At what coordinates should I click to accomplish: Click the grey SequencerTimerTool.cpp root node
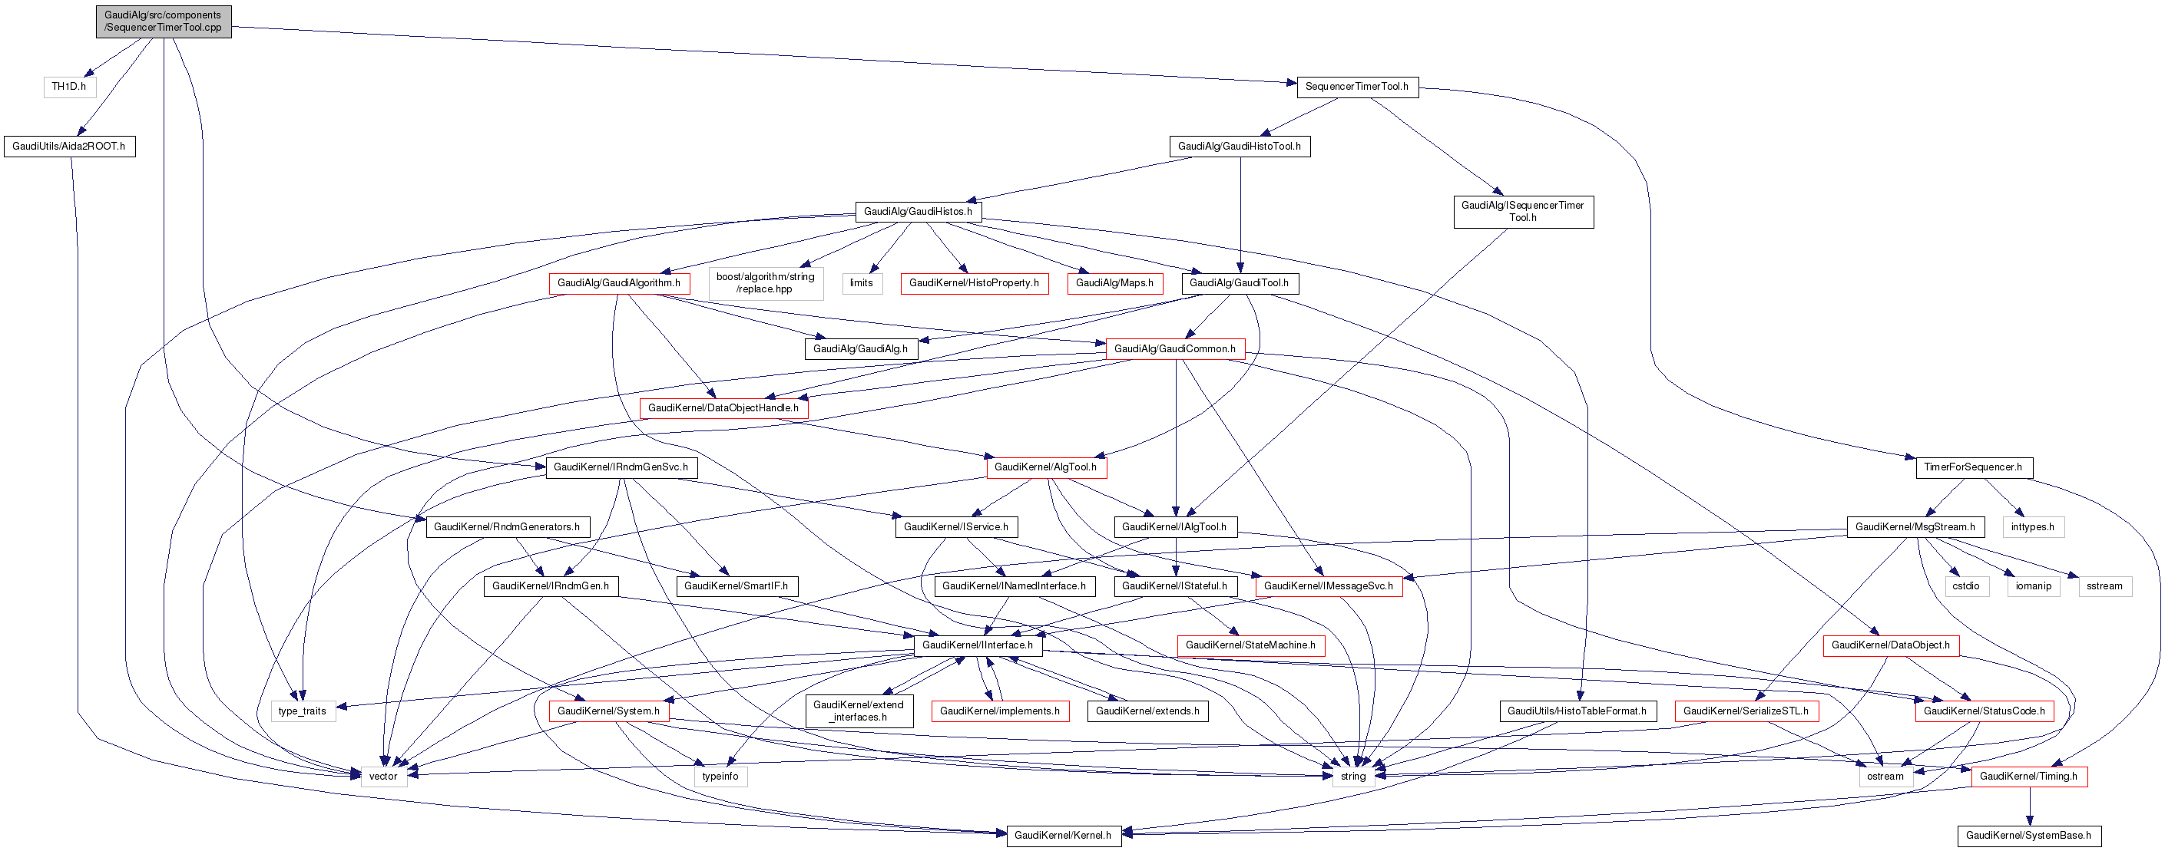coord(163,21)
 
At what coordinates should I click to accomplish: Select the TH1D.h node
coord(69,87)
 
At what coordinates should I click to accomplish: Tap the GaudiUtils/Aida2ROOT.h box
coord(69,146)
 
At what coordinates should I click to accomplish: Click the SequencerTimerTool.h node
coord(1356,87)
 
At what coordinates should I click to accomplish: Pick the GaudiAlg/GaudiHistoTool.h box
coord(1239,146)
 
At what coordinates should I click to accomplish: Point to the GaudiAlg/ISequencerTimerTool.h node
coord(1522,212)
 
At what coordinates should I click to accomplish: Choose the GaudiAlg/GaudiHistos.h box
coord(918,212)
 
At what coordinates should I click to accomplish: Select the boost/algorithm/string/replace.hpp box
coord(765,283)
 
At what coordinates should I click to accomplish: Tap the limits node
coord(862,283)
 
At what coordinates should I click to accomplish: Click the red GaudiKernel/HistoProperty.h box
coord(973,283)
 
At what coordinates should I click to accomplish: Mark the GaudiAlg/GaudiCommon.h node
coord(1174,348)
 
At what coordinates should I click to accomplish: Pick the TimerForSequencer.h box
coord(1972,467)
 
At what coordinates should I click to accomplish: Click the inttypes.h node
coord(2033,526)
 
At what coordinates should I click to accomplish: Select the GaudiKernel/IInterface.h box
coord(978,645)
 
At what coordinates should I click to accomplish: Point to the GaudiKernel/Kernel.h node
coord(1062,835)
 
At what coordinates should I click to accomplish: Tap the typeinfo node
coord(720,777)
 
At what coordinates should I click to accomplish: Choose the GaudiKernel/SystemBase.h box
coord(2028,835)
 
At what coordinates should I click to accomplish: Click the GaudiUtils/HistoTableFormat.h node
coord(1577,711)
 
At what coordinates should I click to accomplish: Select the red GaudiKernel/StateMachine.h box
coord(1250,645)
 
